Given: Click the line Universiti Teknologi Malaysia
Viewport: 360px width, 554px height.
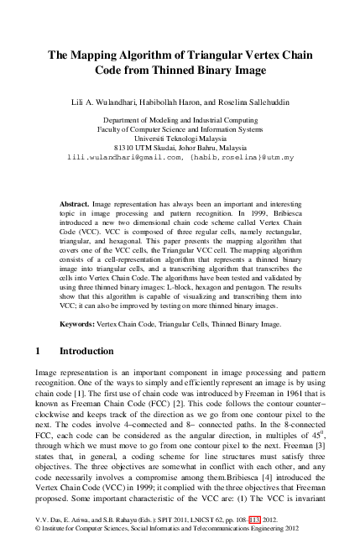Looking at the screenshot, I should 180,138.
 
